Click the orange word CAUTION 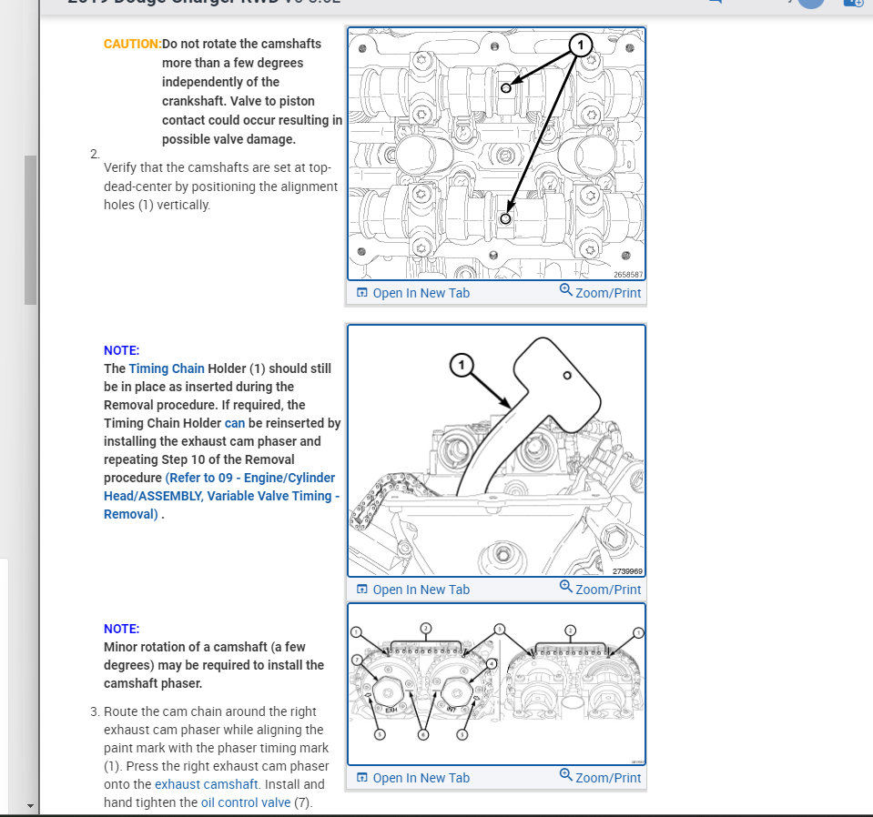(132, 44)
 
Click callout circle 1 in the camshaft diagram (581, 45)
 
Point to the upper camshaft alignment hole (505, 87)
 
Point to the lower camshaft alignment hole (506, 218)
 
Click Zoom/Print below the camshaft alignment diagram (600, 293)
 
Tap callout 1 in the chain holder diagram (462, 366)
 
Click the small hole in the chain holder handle (566, 376)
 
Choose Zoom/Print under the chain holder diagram (600, 590)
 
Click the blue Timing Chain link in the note (167, 368)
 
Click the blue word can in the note (235, 423)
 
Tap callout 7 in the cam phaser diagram (357, 659)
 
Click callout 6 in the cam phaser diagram (422, 733)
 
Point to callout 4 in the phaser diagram (492, 664)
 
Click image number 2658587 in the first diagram (628, 274)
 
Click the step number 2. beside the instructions (95, 153)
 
